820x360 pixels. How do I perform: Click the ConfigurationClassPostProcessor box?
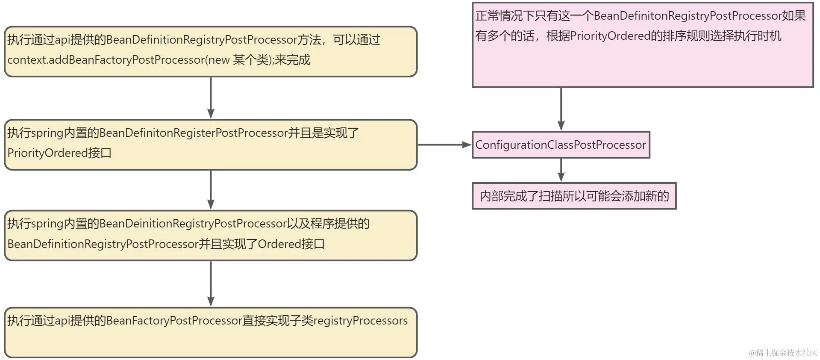[x=561, y=145]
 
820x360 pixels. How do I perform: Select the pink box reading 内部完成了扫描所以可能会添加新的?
[x=574, y=196]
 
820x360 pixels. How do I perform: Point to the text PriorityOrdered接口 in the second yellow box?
[x=59, y=153]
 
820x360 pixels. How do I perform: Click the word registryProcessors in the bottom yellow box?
[x=361, y=321]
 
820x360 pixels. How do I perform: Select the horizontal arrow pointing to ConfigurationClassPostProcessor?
[x=444, y=145]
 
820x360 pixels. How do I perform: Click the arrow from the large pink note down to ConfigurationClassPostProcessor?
[x=561, y=109]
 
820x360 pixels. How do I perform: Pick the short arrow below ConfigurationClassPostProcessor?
[x=561, y=170]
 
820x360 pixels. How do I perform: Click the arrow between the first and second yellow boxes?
[x=211, y=98]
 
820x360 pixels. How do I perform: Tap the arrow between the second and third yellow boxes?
[x=211, y=190]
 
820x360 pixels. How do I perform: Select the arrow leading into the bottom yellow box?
[x=211, y=284]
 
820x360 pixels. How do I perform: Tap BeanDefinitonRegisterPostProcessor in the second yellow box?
[x=194, y=133]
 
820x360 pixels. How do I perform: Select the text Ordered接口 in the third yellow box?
[x=291, y=244]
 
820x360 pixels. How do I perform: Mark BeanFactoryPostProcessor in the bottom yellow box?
[x=174, y=321]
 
